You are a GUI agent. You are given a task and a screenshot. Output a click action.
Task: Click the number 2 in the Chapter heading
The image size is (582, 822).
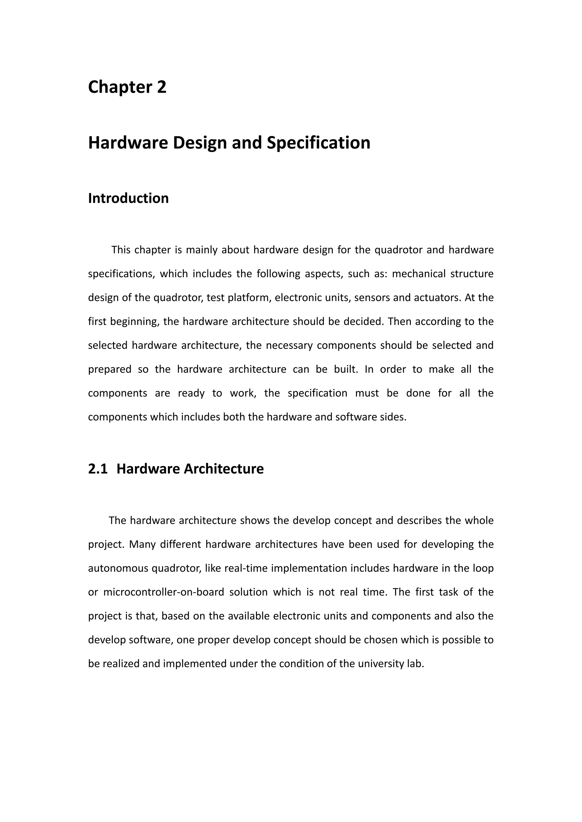[x=162, y=87]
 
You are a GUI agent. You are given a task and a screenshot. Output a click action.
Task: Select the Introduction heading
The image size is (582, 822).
[x=128, y=198]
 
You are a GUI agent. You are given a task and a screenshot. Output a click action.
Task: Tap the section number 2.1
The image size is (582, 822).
[x=98, y=469]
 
